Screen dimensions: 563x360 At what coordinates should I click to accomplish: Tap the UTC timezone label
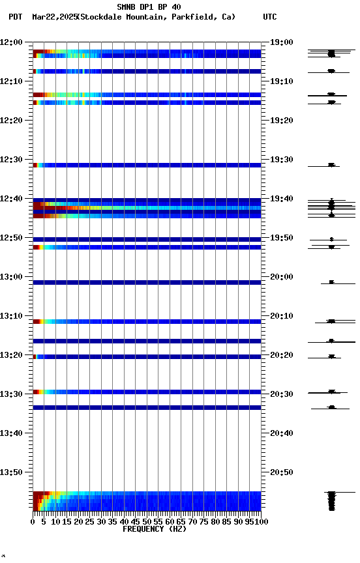(x=269, y=17)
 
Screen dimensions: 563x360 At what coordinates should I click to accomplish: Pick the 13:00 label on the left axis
(x=12, y=277)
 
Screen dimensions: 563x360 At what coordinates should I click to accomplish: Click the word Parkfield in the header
(x=196, y=17)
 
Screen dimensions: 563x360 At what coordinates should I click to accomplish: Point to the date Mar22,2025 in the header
(x=53, y=17)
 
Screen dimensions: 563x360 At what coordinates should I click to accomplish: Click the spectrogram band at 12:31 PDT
(x=147, y=165)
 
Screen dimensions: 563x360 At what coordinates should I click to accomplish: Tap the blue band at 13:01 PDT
(x=147, y=282)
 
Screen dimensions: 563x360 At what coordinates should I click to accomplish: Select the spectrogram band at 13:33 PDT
(x=147, y=407)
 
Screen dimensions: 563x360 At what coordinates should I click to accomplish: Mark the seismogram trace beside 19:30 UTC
(x=331, y=165)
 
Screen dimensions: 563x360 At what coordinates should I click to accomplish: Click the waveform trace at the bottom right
(x=331, y=500)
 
